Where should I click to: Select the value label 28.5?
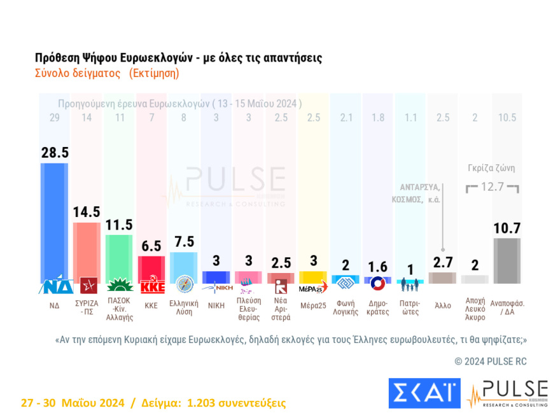[54, 153]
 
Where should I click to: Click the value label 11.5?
[119, 225]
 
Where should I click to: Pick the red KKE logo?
[151, 286]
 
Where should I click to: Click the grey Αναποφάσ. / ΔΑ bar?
[507, 260]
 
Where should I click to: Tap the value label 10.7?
[507, 228]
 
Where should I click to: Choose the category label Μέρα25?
[312, 305]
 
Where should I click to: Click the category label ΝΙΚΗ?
[216, 305]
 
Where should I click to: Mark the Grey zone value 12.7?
[493, 186]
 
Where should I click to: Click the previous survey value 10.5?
[507, 118]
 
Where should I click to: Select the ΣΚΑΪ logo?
[424, 393]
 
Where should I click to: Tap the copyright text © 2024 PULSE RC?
[491, 361]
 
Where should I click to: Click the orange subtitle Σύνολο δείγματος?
[78, 73]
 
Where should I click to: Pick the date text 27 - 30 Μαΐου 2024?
[71, 403]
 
